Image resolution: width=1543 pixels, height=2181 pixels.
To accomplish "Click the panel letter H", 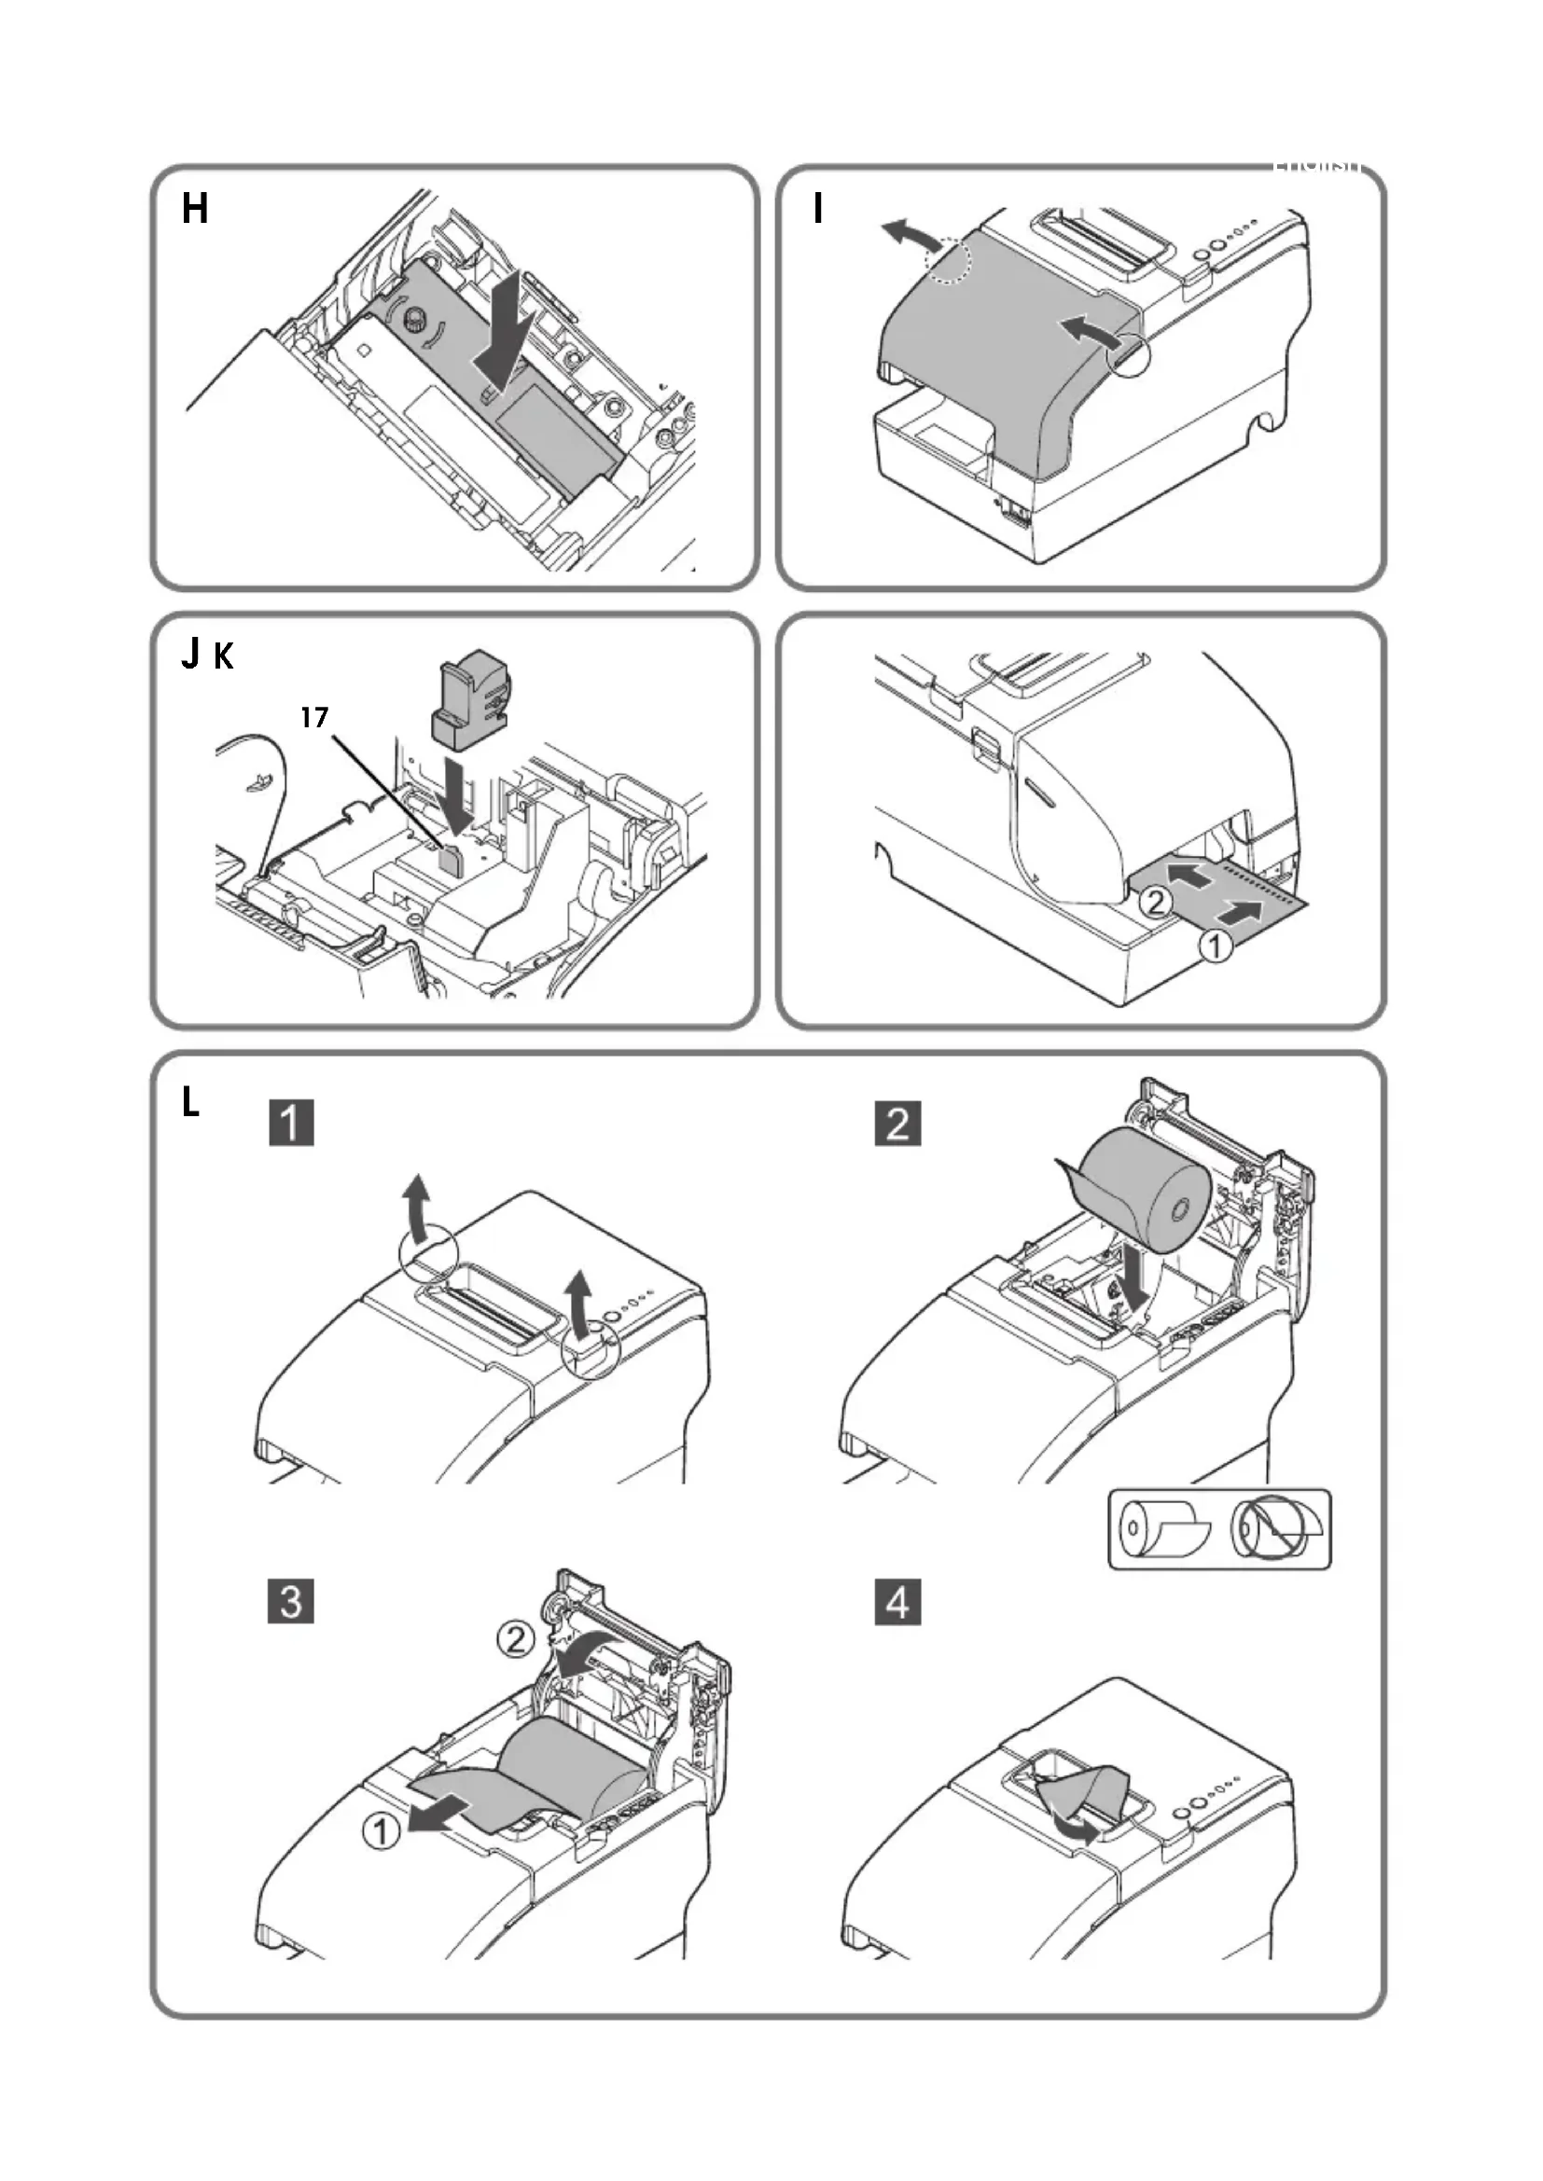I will (195, 208).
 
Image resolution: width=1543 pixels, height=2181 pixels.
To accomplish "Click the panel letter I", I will (818, 208).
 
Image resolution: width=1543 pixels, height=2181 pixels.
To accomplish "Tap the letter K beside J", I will (223, 656).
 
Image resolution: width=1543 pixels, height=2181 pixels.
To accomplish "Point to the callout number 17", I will (314, 718).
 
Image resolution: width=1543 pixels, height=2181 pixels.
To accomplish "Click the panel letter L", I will (191, 1103).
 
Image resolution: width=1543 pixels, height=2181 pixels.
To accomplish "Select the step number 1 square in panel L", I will (292, 1123).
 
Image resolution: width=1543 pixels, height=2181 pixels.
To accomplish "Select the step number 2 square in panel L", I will (897, 1123).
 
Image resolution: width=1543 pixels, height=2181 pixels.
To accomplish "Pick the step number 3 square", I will (292, 1602).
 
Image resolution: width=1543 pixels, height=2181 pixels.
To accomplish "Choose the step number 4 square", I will (897, 1602).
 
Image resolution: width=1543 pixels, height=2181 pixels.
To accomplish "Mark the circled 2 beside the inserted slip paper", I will (1155, 901).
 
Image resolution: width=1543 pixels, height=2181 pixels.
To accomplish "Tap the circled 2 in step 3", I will (517, 1639).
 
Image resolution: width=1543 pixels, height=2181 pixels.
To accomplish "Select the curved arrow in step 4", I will (1077, 1828).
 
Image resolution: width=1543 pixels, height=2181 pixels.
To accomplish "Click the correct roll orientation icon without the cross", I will (1164, 1528).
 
